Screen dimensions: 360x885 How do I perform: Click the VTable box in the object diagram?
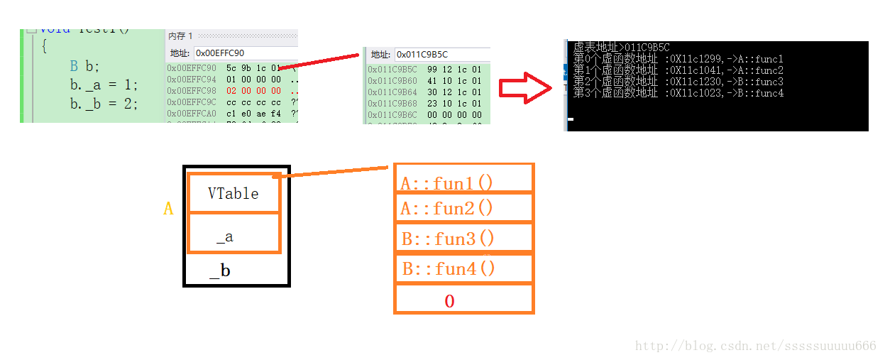(x=233, y=193)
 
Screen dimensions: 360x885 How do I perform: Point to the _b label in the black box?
(x=220, y=271)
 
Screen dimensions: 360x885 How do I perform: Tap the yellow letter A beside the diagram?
(x=168, y=209)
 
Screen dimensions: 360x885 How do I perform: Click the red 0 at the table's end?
(x=449, y=301)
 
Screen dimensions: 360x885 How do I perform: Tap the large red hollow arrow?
(x=524, y=86)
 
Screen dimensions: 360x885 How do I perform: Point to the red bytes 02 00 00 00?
(x=253, y=91)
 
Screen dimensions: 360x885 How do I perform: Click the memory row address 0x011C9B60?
(x=392, y=81)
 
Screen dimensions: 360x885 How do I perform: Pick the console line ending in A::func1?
(x=678, y=59)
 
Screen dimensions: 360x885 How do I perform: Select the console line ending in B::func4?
(x=678, y=93)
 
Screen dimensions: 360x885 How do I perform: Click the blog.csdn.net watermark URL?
(x=755, y=346)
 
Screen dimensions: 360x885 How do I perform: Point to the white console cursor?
(x=571, y=119)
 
